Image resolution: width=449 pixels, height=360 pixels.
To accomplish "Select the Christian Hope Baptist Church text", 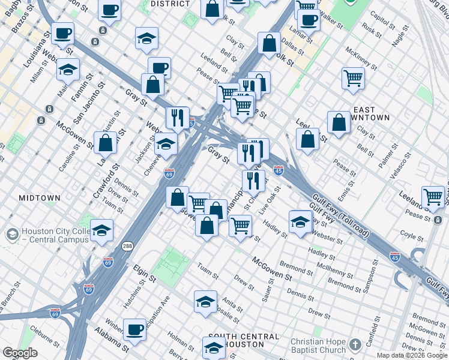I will (x=318, y=346).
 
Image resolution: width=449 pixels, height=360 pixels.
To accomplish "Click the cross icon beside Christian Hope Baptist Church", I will (x=355, y=344).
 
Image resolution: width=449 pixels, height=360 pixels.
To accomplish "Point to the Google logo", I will (x=20, y=353).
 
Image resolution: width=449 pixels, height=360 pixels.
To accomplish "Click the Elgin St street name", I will (x=144, y=275).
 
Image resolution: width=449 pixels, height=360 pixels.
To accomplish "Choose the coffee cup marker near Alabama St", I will (x=134, y=329).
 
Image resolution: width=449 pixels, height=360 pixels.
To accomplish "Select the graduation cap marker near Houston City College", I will (x=102, y=231).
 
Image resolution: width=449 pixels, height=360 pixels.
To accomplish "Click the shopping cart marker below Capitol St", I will (x=353, y=77).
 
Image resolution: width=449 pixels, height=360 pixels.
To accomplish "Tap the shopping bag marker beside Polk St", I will (x=270, y=43).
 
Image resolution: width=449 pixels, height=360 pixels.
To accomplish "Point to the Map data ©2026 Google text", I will (x=411, y=355).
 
